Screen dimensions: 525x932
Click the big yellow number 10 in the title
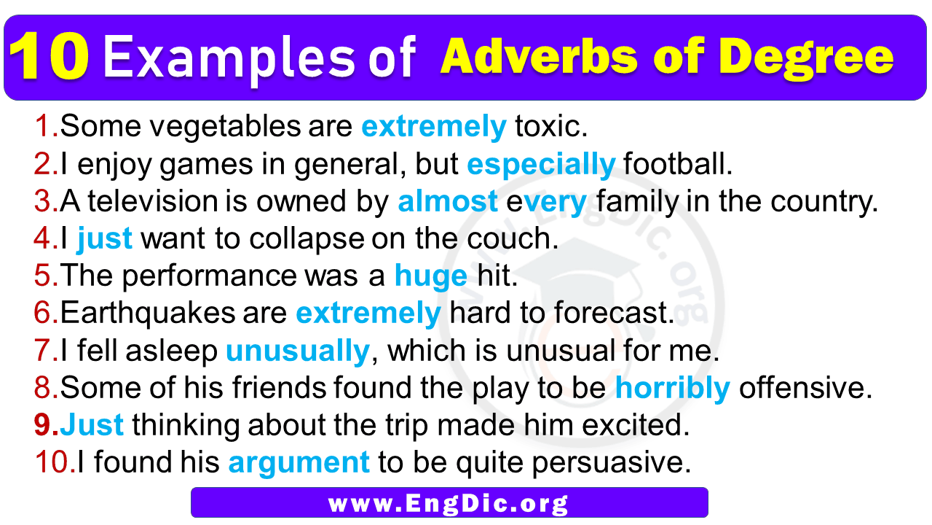(x=51, y=58)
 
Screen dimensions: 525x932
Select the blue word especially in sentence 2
(x=541, y=166)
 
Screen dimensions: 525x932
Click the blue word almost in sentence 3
(x=448, y=202)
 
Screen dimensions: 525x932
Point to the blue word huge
(x=430, y=276)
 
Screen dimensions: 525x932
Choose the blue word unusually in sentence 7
(x=298, y=351)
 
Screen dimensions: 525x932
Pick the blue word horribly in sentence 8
(x=672, y=389)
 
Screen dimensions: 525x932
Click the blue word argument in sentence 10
(x=299, y=462)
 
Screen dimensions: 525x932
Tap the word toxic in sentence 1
(x=550, y=128)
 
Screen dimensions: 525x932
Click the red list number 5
(x=45, y=276)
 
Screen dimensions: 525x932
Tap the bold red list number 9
(x=45, y=426)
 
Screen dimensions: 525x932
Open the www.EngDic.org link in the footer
(x=449, y=502)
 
